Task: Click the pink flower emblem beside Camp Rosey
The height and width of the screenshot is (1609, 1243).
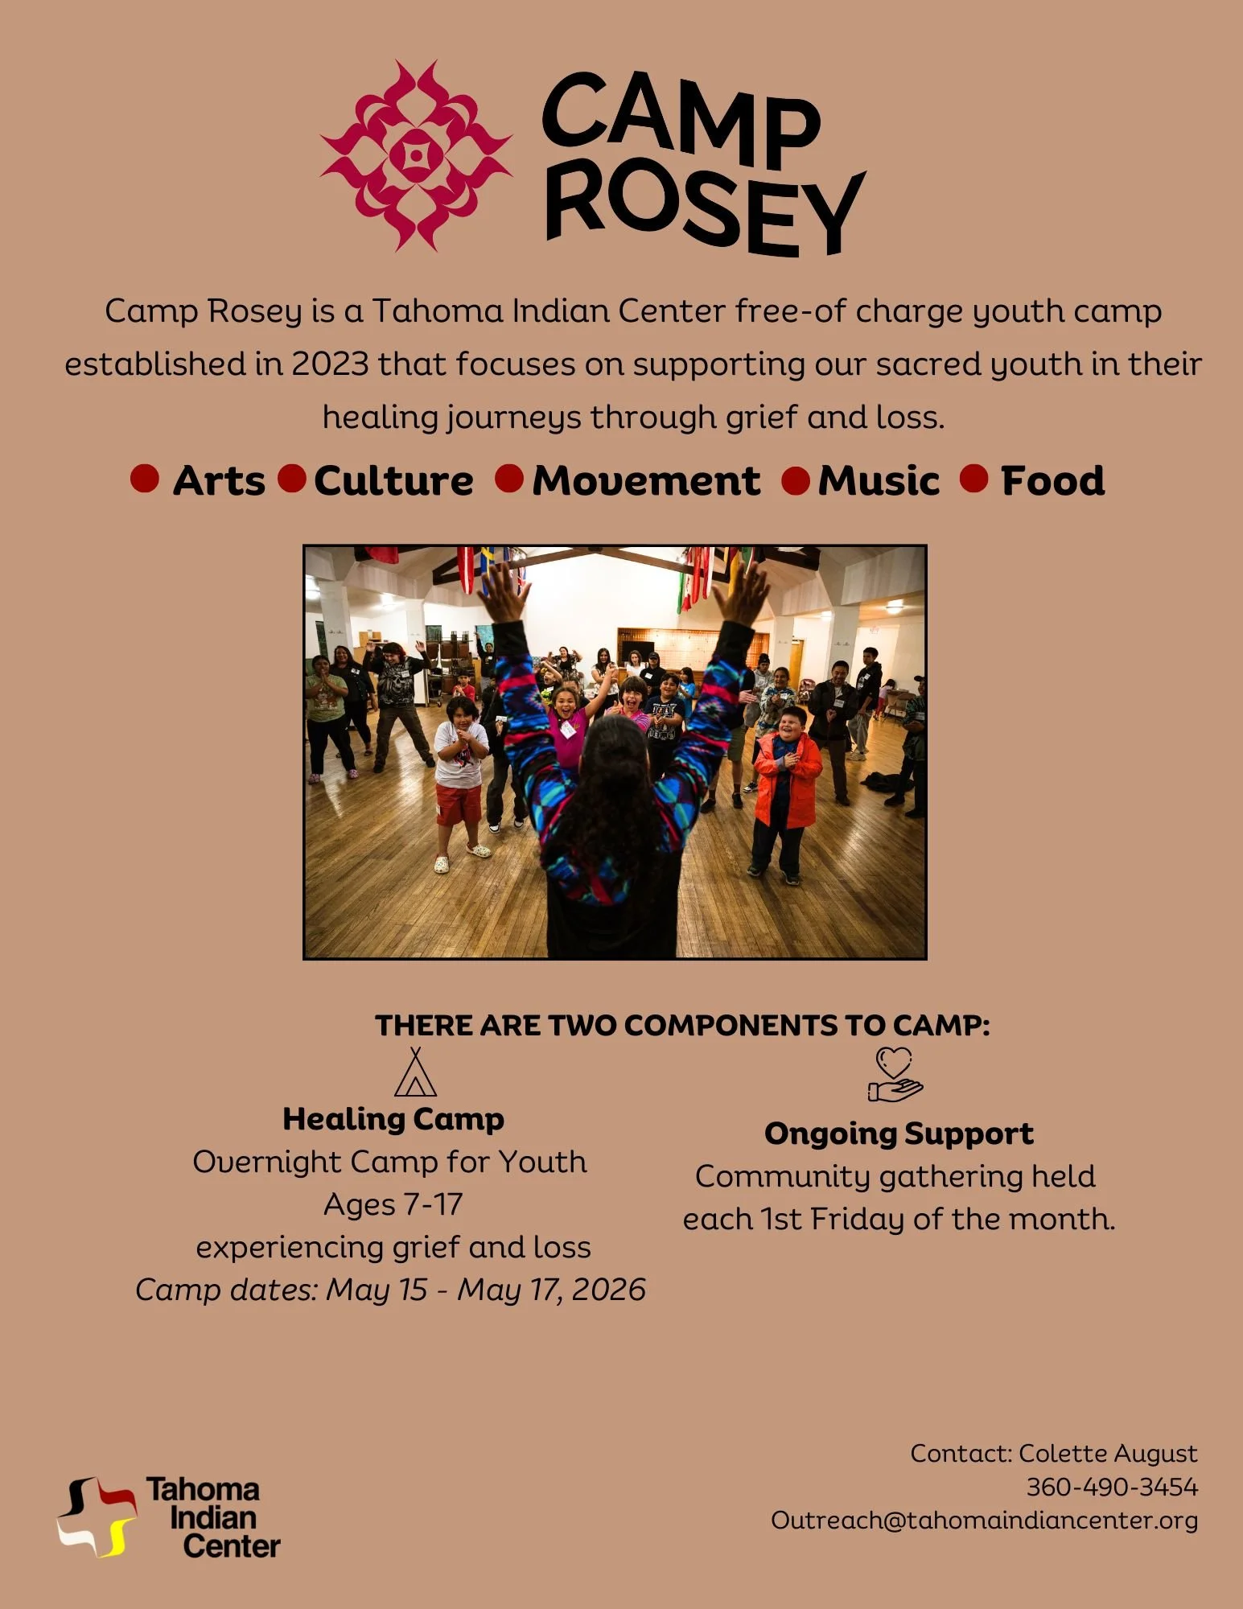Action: (415, 155)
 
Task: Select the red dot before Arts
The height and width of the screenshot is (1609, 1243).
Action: (145, 479)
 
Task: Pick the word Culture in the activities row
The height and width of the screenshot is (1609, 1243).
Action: (393, 481)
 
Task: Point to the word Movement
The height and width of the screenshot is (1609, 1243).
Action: (646, 481)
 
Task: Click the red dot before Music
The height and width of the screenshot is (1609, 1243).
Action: (796, 481)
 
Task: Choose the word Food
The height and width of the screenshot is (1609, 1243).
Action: (1052, 481)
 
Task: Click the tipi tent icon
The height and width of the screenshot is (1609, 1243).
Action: (415, 1073)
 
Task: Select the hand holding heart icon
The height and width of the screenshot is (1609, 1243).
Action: (895, 1074)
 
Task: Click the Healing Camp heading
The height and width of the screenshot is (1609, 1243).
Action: (393, 1119)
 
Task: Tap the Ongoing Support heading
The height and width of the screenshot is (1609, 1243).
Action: (899, 1134)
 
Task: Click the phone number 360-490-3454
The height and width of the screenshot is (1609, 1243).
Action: (1112, 1487)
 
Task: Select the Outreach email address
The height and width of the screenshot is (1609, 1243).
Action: (984, 1521)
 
